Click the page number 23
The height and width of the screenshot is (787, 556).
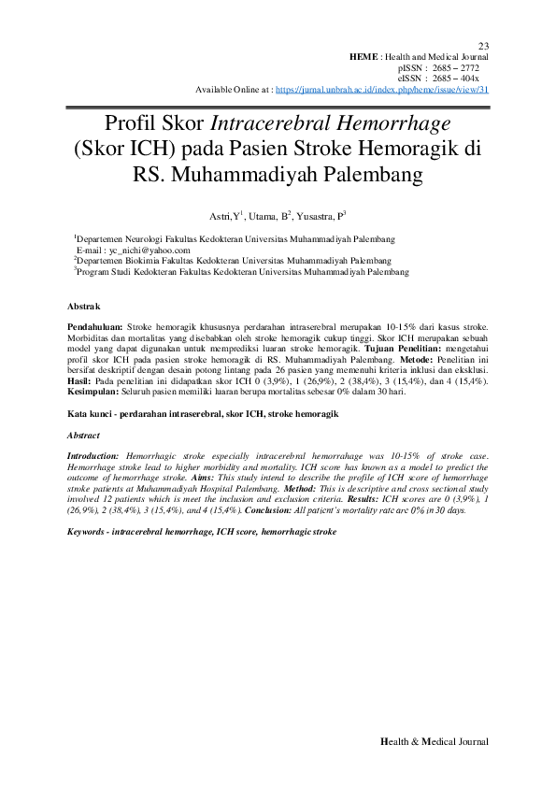[x=483, y=46]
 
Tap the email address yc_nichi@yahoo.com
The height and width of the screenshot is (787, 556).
[x=150, y=250]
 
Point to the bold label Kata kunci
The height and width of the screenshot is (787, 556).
[x=93, y=413]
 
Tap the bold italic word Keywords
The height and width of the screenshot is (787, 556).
[x=90, y=531]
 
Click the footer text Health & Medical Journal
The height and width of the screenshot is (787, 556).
[x=435, y=741]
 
